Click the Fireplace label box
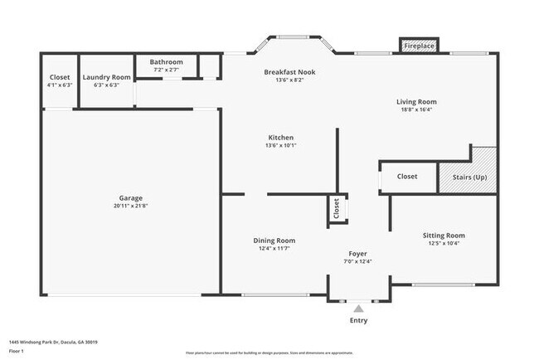click(x=419, y=46)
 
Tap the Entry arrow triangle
click(x=358, y=309)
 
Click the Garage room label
click(x=130, y=198)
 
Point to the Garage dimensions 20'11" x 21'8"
click(x=130, y=206)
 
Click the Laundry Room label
click(x=107, y=77)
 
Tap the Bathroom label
click(x=166, y=62)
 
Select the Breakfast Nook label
click(x=289, y=72)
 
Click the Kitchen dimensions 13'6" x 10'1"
click(x=280, y=145)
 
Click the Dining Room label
click(x=274, y=241)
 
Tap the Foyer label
click(x=357, y=254)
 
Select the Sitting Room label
click(x=444, y=236)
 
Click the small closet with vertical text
click(x=337, y=209)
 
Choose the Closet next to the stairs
click(x=406, y=176)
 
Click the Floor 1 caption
click(x=17, y=351)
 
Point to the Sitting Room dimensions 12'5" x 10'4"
click(x=444, y=244)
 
